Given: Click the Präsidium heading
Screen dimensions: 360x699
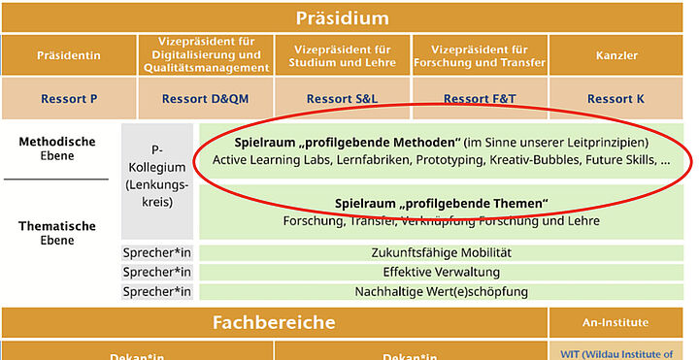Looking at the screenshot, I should point(349,17).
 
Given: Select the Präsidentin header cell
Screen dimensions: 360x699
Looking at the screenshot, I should point(69,55).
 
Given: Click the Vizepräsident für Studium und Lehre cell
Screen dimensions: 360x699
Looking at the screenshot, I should point(343,54).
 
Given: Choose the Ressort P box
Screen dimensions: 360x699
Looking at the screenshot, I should point(69,99).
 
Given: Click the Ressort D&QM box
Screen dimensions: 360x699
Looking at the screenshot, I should point(205,99).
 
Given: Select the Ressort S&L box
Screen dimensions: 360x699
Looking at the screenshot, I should point(343,99).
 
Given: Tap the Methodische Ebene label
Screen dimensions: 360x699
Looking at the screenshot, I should point(57,147).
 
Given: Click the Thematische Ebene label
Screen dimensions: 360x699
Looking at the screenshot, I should point(57,232).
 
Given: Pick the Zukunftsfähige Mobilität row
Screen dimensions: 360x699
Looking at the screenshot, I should point(441,253).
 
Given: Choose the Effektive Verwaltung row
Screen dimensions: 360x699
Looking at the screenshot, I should point(441,273).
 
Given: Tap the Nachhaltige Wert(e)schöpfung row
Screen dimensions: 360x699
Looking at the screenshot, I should point(441,292).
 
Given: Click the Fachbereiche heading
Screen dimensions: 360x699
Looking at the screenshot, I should point(274,323).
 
